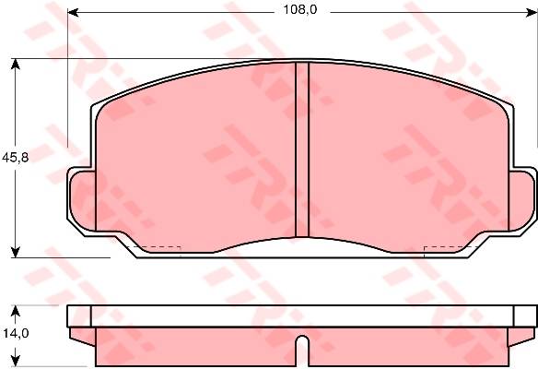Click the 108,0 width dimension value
tap(300, 10)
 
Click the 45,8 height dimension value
tap(15, 158)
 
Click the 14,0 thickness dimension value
tap(17, 333)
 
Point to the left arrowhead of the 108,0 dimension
tap(73, 13)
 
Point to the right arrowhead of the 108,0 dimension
tap(532, 13)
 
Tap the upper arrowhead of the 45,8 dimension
tap(15, 65)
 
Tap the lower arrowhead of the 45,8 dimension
tap(15, 252)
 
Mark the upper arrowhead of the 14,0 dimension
tap(15, 311)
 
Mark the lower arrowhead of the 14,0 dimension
tap(15, 361)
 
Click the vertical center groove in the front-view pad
tap(302, 149)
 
